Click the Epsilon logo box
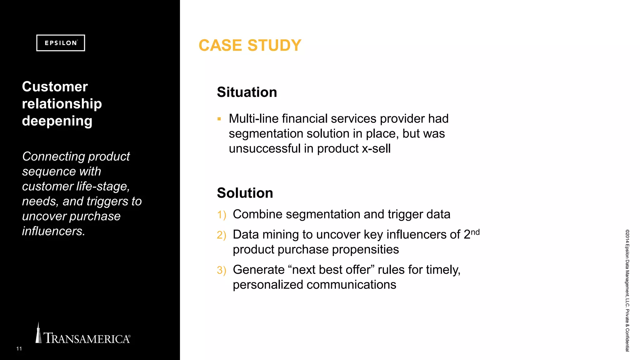pyautogui.click(x=61, y=43)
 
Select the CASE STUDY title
pyautogui.click(x=250, y=45)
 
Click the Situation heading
pyautogui.click(x=247, y=92)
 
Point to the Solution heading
pyautogui.click(x=245, y=193)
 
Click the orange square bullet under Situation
pyautogui.click(x=219, y=119)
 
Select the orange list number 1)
pyautogui.click(x=221, y=215)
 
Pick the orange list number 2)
pyautogui.click(x=221, y=235)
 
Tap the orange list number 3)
pyautogui.click(x=221, y=270)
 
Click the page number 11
pyautogui.click(x=19, y=349)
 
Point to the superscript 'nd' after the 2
pyautogui.click(x=475, y=232)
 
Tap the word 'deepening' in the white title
pyautogui.click(x=57, y=121)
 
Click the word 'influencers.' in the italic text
pyautogui.click(x=53, y=231)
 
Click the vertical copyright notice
pyautogui.click(x=627, y=291)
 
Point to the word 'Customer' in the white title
pyautogui.click(x=55, y=87)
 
